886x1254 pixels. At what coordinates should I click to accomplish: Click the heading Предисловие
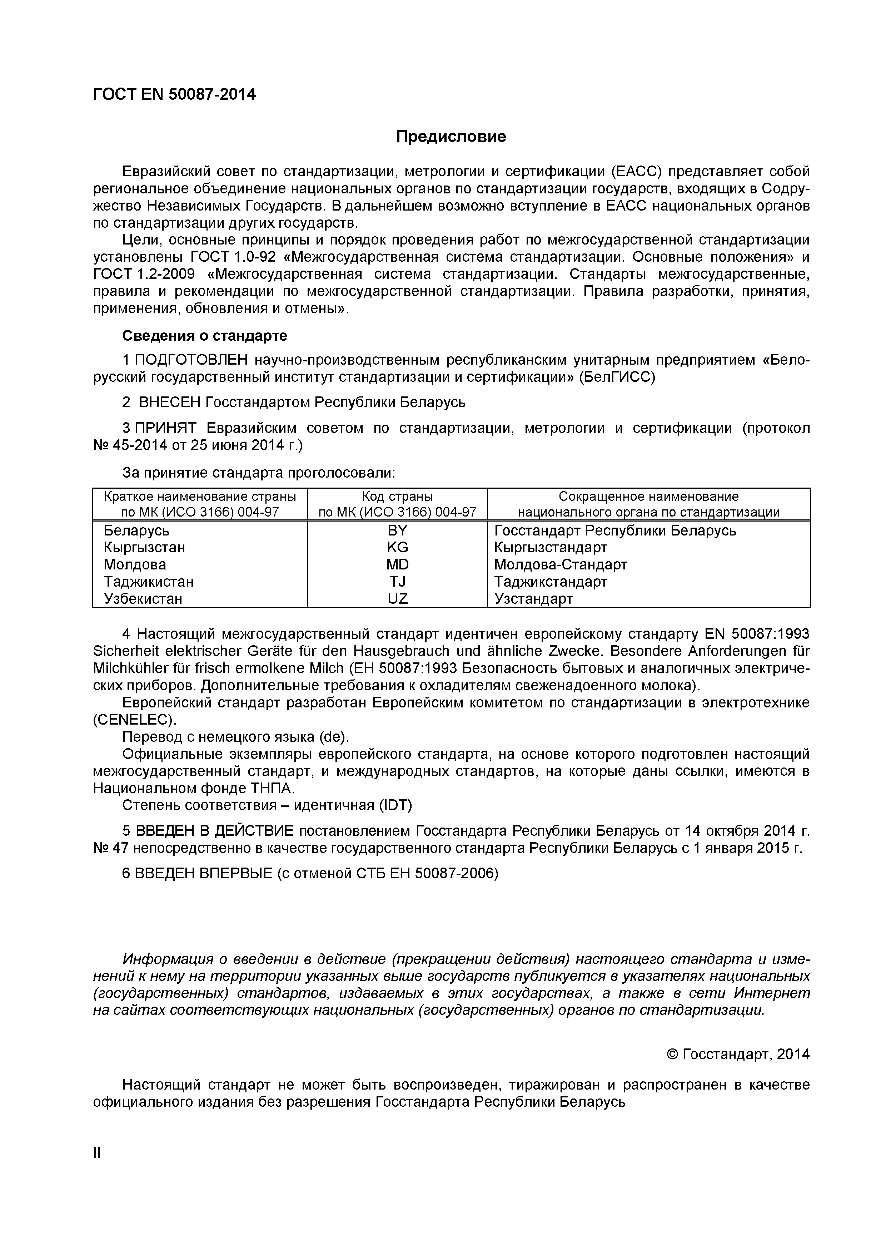coord(451,137)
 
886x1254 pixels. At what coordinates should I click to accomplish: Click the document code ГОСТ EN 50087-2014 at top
coord(174,94)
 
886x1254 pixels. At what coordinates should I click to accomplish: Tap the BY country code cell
coord(397,530)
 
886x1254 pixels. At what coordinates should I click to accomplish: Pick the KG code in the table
coord(397,547)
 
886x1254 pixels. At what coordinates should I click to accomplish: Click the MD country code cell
coord(397,564)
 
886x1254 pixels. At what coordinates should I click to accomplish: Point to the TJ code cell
coord(397,581)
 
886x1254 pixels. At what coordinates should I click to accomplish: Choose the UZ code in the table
coord(397,599)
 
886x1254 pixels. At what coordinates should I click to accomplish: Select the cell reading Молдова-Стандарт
coord(561,564)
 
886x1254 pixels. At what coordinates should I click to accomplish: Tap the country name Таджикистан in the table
coord(149,581)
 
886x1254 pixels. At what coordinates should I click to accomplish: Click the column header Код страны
coord(397,497)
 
